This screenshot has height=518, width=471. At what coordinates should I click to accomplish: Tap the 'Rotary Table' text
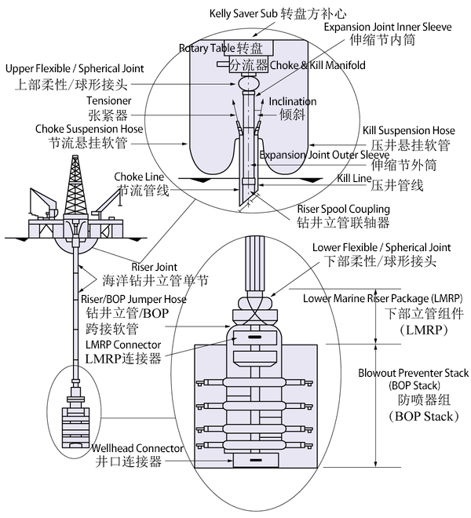201,49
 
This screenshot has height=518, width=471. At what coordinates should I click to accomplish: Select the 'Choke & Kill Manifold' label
317,65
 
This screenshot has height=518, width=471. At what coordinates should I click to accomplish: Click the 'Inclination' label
293,101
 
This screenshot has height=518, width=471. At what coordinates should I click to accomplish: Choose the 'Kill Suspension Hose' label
408,129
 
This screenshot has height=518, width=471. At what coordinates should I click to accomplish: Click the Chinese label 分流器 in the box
248,64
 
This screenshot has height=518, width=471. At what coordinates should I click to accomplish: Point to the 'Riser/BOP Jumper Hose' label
133,299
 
